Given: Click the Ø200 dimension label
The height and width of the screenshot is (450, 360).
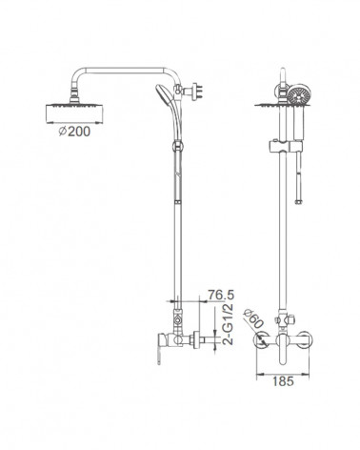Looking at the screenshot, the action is pos(74,131).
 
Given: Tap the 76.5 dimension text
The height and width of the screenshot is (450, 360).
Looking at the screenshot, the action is pos(221,295).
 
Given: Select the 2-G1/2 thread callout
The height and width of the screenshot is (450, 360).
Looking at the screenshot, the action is pos(229,324).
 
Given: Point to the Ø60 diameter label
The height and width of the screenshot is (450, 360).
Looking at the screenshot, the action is pos(253,318).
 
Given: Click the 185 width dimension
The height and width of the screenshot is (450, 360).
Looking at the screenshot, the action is pos(283,381).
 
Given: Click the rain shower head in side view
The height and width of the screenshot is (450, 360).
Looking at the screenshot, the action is pos(74,113).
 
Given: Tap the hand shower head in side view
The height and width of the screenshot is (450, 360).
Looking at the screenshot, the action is pos(162,92).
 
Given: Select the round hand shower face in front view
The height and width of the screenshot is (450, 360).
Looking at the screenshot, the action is pos(299,94).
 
